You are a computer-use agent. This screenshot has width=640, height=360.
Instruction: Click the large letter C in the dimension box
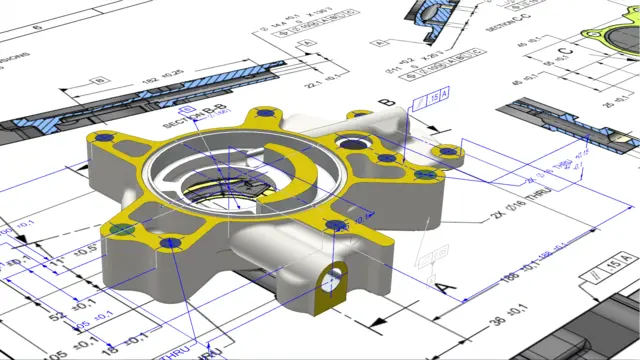565,49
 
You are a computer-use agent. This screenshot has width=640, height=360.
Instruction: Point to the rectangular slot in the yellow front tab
336,272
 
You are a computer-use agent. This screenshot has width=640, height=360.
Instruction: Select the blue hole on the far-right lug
448,152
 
